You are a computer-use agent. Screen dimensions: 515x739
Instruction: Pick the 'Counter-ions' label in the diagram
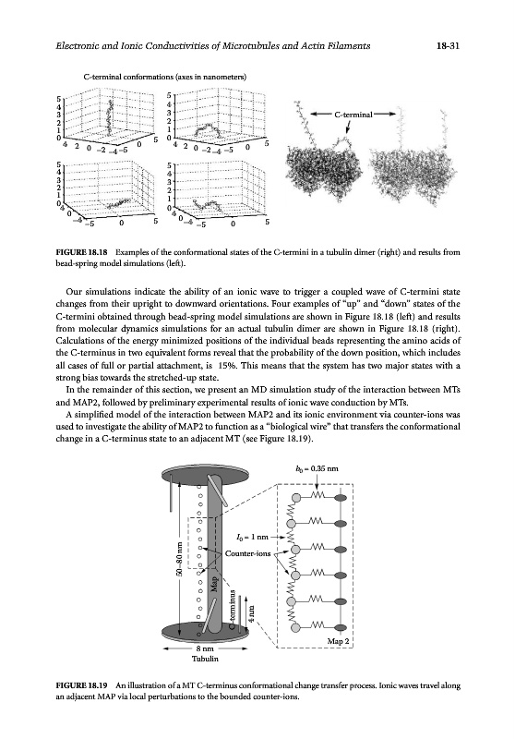[x=247, y=553]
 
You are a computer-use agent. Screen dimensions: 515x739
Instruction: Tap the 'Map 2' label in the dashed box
[x=338, y=641]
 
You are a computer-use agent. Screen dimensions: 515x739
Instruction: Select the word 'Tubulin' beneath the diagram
[x=205, y=659]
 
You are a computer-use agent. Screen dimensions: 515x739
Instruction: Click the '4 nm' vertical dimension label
[x=252, y=614]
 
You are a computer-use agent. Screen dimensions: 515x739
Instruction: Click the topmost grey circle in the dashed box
[x=296, y=497]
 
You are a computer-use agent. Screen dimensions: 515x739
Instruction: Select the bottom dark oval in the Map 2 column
[x=341, y=627]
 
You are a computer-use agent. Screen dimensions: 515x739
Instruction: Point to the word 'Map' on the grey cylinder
[x=215, y=584]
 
